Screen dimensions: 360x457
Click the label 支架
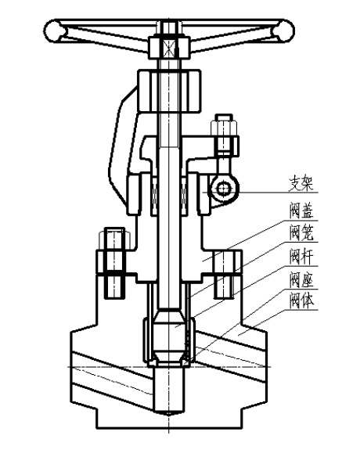[x=301, y=183]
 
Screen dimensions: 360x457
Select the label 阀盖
[x=301, y=211]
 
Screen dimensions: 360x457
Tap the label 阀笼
[x=301, y=233]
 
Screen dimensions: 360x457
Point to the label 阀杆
[x=301, y=257]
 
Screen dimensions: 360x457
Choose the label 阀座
[x=301, y=280]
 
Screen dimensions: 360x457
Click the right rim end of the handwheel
[x=283, y=31]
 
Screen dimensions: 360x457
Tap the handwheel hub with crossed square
[x=169, y=47]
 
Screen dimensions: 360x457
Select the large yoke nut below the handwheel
[x=169, y=91]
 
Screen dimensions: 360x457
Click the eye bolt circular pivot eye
[x=224, y=189]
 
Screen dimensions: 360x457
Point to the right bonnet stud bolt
[x=224, y=274]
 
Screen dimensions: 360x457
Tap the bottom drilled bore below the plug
[x=169, y=390]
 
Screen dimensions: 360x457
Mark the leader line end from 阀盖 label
[x=203, y=261]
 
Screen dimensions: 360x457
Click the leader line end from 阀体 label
[x=238, y=336]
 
